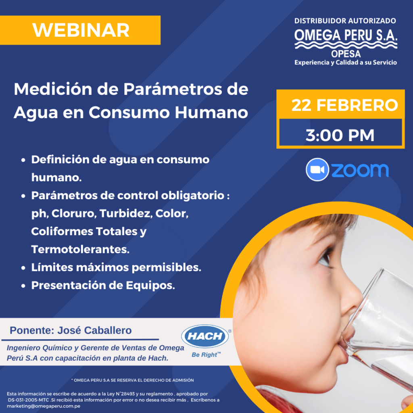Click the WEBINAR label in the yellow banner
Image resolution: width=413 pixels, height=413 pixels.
coord(81,30)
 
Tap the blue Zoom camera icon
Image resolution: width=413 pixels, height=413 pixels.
coord(317,169)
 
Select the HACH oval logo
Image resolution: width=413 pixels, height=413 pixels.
coord(205,336)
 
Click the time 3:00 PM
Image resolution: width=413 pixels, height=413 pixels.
coord(340,135)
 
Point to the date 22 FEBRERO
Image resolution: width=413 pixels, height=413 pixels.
coord(344,106)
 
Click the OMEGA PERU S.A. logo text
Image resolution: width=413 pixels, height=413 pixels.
coord(346,35)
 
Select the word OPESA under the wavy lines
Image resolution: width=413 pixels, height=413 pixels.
coord(346,54)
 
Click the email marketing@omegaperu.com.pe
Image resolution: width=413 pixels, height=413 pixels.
coord(44,406)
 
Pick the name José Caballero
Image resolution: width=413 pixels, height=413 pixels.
coord(95,331)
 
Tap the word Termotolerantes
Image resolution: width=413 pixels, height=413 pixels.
coord(80,249)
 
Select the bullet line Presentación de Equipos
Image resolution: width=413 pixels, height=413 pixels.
coord(103,285)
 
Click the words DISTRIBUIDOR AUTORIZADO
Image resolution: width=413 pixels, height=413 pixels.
coord(345,21)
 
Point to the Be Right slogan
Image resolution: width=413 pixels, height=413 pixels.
coord(206,355)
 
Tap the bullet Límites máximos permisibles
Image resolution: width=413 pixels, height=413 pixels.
coord(116,267)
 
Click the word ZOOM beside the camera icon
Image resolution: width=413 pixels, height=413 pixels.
coord(360,170)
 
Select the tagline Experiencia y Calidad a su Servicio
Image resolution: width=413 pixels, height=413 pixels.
coord(346,63)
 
